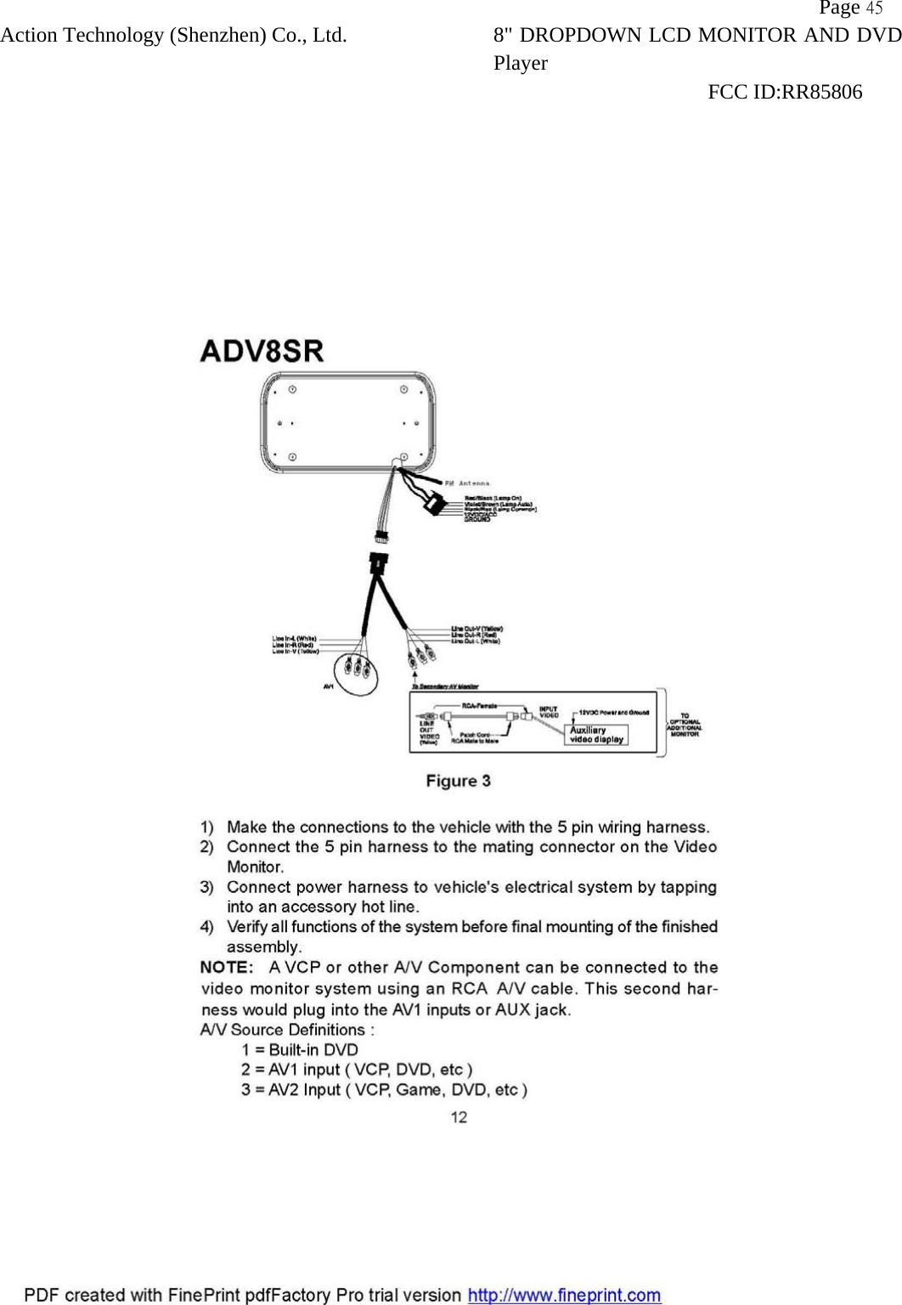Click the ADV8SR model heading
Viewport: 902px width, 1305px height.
pos(262,351)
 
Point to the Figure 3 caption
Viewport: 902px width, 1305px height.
pos(458,781)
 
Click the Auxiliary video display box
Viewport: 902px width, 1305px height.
pos(596,735)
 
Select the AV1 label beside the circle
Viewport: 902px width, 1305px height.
pos(329,686)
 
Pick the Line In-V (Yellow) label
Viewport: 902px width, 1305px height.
pos(296,652)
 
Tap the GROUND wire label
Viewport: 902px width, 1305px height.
pos(477,518)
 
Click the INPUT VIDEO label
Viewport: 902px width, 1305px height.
pos(549,712)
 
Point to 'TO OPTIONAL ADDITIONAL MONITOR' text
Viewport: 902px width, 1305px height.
pos(685,725)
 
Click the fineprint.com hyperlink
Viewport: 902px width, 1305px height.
pos(565,1295)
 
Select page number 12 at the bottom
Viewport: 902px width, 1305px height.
pos(458,1117)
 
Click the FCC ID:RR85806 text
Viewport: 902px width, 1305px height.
pos(785,92)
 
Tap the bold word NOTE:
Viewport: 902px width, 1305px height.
pos(226,968)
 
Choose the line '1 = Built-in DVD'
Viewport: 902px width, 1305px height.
pos(300,1050)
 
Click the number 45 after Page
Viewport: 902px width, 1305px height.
pos(874,8)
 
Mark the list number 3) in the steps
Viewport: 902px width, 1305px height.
pos(207,887)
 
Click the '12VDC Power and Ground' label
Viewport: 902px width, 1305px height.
pos(614,712)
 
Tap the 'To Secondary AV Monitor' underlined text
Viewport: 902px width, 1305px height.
pos(445,686)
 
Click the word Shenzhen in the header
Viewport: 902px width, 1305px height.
pos(218,36)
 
